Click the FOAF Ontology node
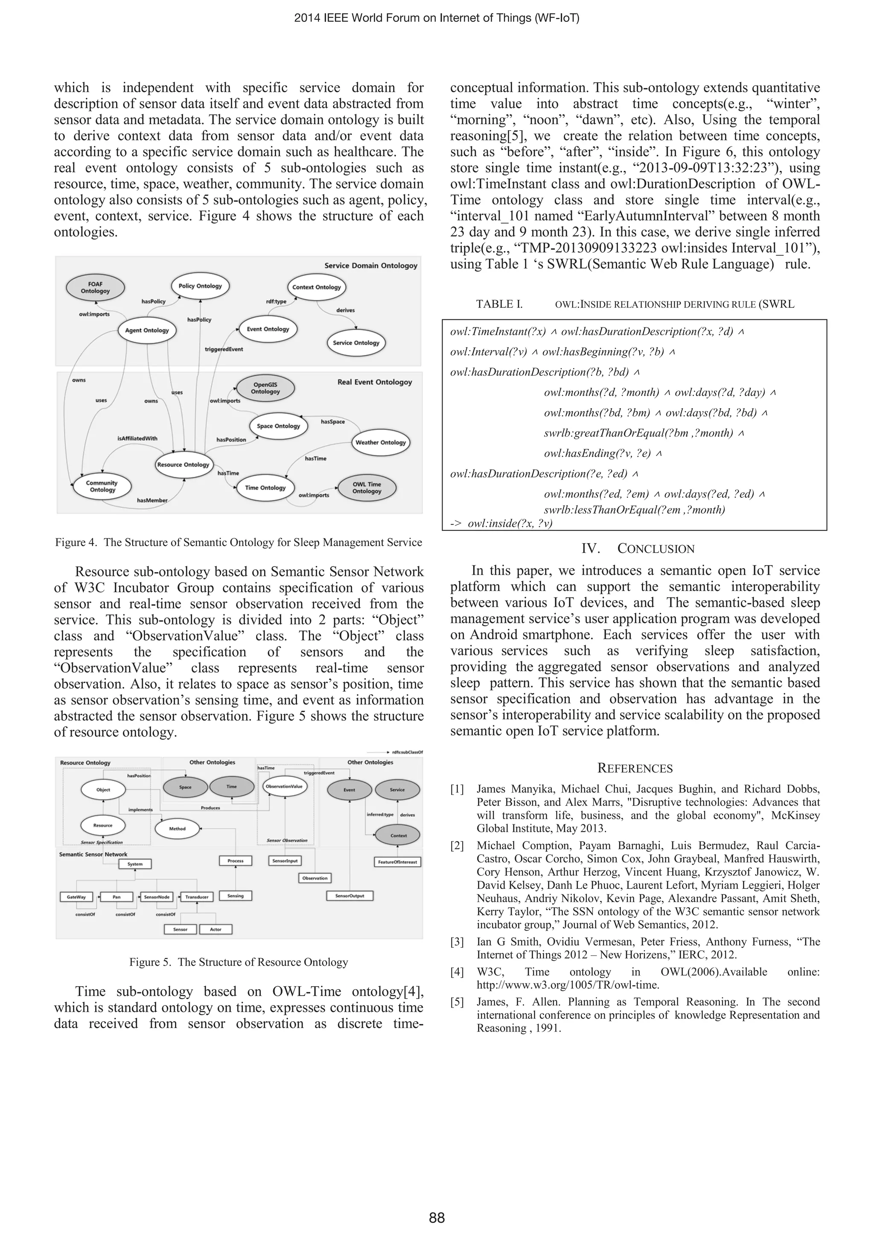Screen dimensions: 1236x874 tap(95, 287)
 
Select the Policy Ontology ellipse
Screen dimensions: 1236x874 tap(200, 286)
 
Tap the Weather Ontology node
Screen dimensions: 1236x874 tap(381, 442)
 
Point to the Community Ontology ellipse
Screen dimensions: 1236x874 tap(102, 486)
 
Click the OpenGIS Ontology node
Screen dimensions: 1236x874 tap(265, 388)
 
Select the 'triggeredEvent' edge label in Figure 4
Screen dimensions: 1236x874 tap(224, 349)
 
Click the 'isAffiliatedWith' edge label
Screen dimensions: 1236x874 tap(137, 438)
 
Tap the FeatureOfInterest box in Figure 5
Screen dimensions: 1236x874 tap(397, 862)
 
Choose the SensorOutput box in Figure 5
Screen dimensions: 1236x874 tap(350, 896)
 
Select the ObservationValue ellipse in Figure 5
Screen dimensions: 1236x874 tap(285, 786)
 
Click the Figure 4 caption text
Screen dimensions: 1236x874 tap(239, 542)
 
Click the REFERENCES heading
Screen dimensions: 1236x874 tap(635, 768)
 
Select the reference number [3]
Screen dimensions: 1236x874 tap(457, 941)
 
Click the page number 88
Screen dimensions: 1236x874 tap(437, 1218)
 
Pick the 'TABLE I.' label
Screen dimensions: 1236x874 tap(499, 304)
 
